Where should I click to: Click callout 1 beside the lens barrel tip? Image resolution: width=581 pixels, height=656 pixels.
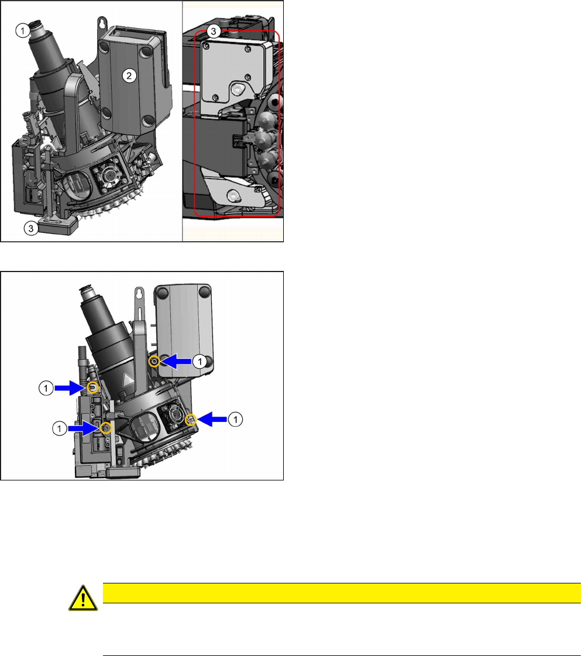click(x=22, y=30)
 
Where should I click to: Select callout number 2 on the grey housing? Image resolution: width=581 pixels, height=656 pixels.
click(x=129, y=75)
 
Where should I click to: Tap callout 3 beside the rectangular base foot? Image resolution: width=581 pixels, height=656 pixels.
click(x=31, y=228)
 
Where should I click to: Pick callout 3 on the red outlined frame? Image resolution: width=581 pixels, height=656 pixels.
click(x=214, y=31)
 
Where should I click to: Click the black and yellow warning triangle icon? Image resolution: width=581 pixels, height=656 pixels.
click(x=83, y=598)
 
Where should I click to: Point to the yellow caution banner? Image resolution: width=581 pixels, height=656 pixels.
click(x=342, y=593)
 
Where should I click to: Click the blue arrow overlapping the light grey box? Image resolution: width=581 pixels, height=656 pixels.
click(x=176, y=362)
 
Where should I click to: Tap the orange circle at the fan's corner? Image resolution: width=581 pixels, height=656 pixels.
click(x=191, y=420)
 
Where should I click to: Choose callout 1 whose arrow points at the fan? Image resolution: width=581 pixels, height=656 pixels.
click(x=235, y=419)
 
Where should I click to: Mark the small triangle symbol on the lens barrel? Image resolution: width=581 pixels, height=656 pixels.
click(x=128, y=380)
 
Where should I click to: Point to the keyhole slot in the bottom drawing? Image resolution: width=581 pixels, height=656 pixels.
click(x=139, y=294)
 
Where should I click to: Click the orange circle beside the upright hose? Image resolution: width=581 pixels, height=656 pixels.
click(x=93, y=388)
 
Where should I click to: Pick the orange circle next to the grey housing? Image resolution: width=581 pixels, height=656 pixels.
click(x=154, y=361)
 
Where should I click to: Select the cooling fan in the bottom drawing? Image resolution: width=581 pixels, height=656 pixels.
click(x=173, y=415)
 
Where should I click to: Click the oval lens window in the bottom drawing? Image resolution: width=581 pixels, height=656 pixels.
click(x=145, y=427)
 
